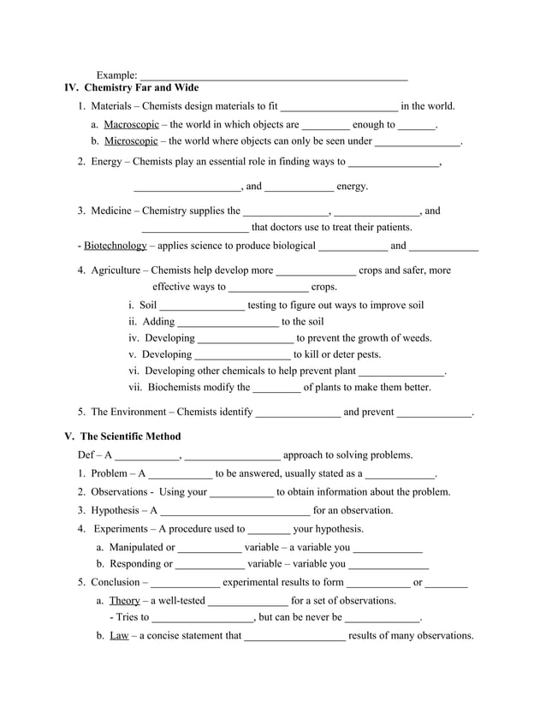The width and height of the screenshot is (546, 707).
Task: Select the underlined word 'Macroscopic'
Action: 131,125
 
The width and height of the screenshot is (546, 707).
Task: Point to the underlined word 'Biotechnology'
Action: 115,247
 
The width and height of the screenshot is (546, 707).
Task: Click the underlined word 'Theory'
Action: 124,601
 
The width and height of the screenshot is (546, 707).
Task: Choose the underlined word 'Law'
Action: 119,636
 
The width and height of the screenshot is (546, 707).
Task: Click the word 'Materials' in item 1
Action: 114,107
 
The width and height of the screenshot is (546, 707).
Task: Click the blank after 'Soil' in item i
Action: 203,306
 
